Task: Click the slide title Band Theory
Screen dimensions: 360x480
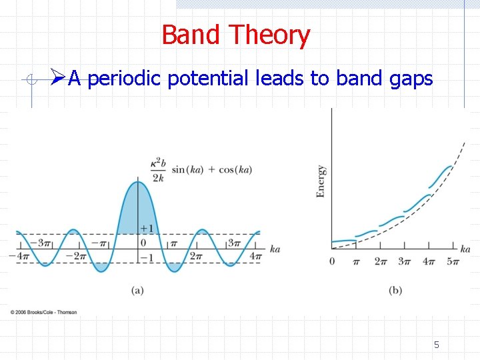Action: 235,35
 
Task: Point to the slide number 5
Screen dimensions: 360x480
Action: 437,345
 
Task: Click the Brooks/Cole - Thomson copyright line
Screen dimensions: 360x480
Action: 44,312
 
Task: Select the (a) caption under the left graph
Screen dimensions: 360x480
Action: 138,290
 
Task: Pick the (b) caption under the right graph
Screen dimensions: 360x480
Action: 395,290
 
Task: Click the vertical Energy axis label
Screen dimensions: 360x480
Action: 321,181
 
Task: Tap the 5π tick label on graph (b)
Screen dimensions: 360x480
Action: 453,261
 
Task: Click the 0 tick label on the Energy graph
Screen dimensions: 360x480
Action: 332,261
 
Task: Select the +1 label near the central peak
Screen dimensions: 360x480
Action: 147,229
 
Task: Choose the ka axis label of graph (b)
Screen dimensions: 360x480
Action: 465,249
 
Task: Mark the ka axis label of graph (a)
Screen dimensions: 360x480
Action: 275,249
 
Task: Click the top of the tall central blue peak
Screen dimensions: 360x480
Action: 138,182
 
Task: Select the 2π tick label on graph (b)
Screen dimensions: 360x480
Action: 380,261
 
